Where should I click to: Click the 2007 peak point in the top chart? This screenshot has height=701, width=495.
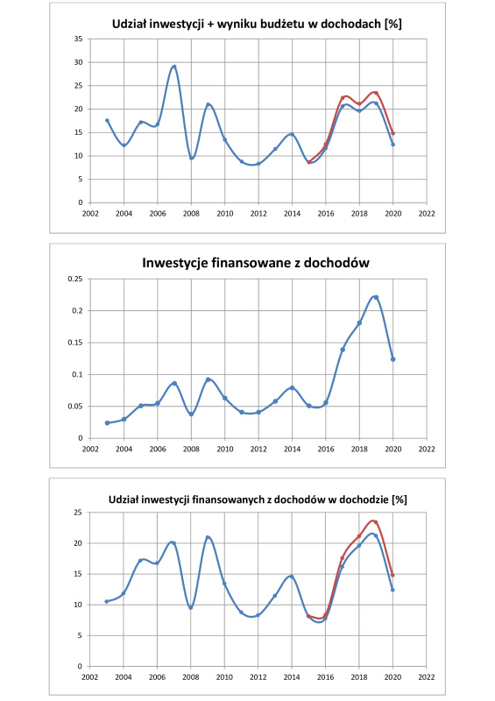tap(174, 67)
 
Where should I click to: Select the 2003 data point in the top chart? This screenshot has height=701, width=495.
tap(107, 120)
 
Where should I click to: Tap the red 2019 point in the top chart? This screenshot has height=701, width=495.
tap(376, 93)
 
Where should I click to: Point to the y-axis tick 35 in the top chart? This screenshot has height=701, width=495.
tap(79, 39)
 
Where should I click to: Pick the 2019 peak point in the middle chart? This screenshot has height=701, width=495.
tap(376, 297)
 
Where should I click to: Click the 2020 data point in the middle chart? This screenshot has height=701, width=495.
tap(393, 359)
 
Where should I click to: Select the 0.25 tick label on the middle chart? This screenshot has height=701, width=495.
tap(75, 279)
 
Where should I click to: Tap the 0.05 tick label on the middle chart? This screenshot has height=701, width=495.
tap(75, 407)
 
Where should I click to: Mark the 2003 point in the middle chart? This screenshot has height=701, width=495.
tap(107, 423)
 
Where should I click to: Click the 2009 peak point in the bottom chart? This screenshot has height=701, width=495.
tap(208, 537)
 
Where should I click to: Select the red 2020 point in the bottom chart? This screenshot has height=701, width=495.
tap(393, 575)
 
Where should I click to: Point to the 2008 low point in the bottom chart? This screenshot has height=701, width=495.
tap(191, 607)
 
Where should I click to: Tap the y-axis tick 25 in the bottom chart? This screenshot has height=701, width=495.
tap(79, 513)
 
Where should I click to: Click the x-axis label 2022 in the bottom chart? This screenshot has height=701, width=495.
tap(427, 677)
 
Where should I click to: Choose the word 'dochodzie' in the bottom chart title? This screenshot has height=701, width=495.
tap(364, 499)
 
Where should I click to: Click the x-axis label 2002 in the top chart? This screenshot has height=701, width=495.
tap(90, 214)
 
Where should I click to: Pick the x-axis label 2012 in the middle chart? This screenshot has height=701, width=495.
tap(258, 449)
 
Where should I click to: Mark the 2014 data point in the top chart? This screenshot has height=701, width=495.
tap(292, 134)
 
